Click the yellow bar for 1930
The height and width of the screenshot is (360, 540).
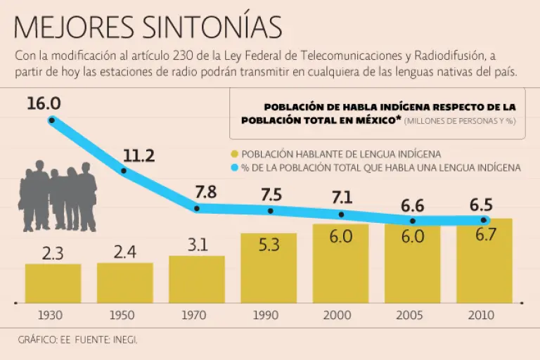pyautogui.click(x=53, y=283)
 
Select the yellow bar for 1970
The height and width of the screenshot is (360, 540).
pyautogui.click(x=196, y=278)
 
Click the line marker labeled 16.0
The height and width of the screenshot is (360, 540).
pyautogui.click(x=52, y=120)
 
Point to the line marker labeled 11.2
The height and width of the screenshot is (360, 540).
pyautogui.click(x=124, y=171)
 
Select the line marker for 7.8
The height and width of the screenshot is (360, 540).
pyautogui.click(x=197, y=209)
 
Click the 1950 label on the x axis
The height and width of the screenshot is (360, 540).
pyautogui.click(x=124, y=316)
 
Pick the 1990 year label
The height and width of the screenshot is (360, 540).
pyautogui.click(x=269, y=316)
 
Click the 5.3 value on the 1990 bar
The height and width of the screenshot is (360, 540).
pyautogui.click(x=269, y=245)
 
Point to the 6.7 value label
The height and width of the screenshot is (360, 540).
pyautogui.click(x=485, y=236)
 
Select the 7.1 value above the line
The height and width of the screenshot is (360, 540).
pyautogui.click(x=341, y=197)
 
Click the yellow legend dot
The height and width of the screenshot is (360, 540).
pyautogui.click(x=235, y=154)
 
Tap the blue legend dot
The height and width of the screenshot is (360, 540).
pyautogui.click(x=235, y=168)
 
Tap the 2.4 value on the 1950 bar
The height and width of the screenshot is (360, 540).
pyautogui.click(x=124, y=252)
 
